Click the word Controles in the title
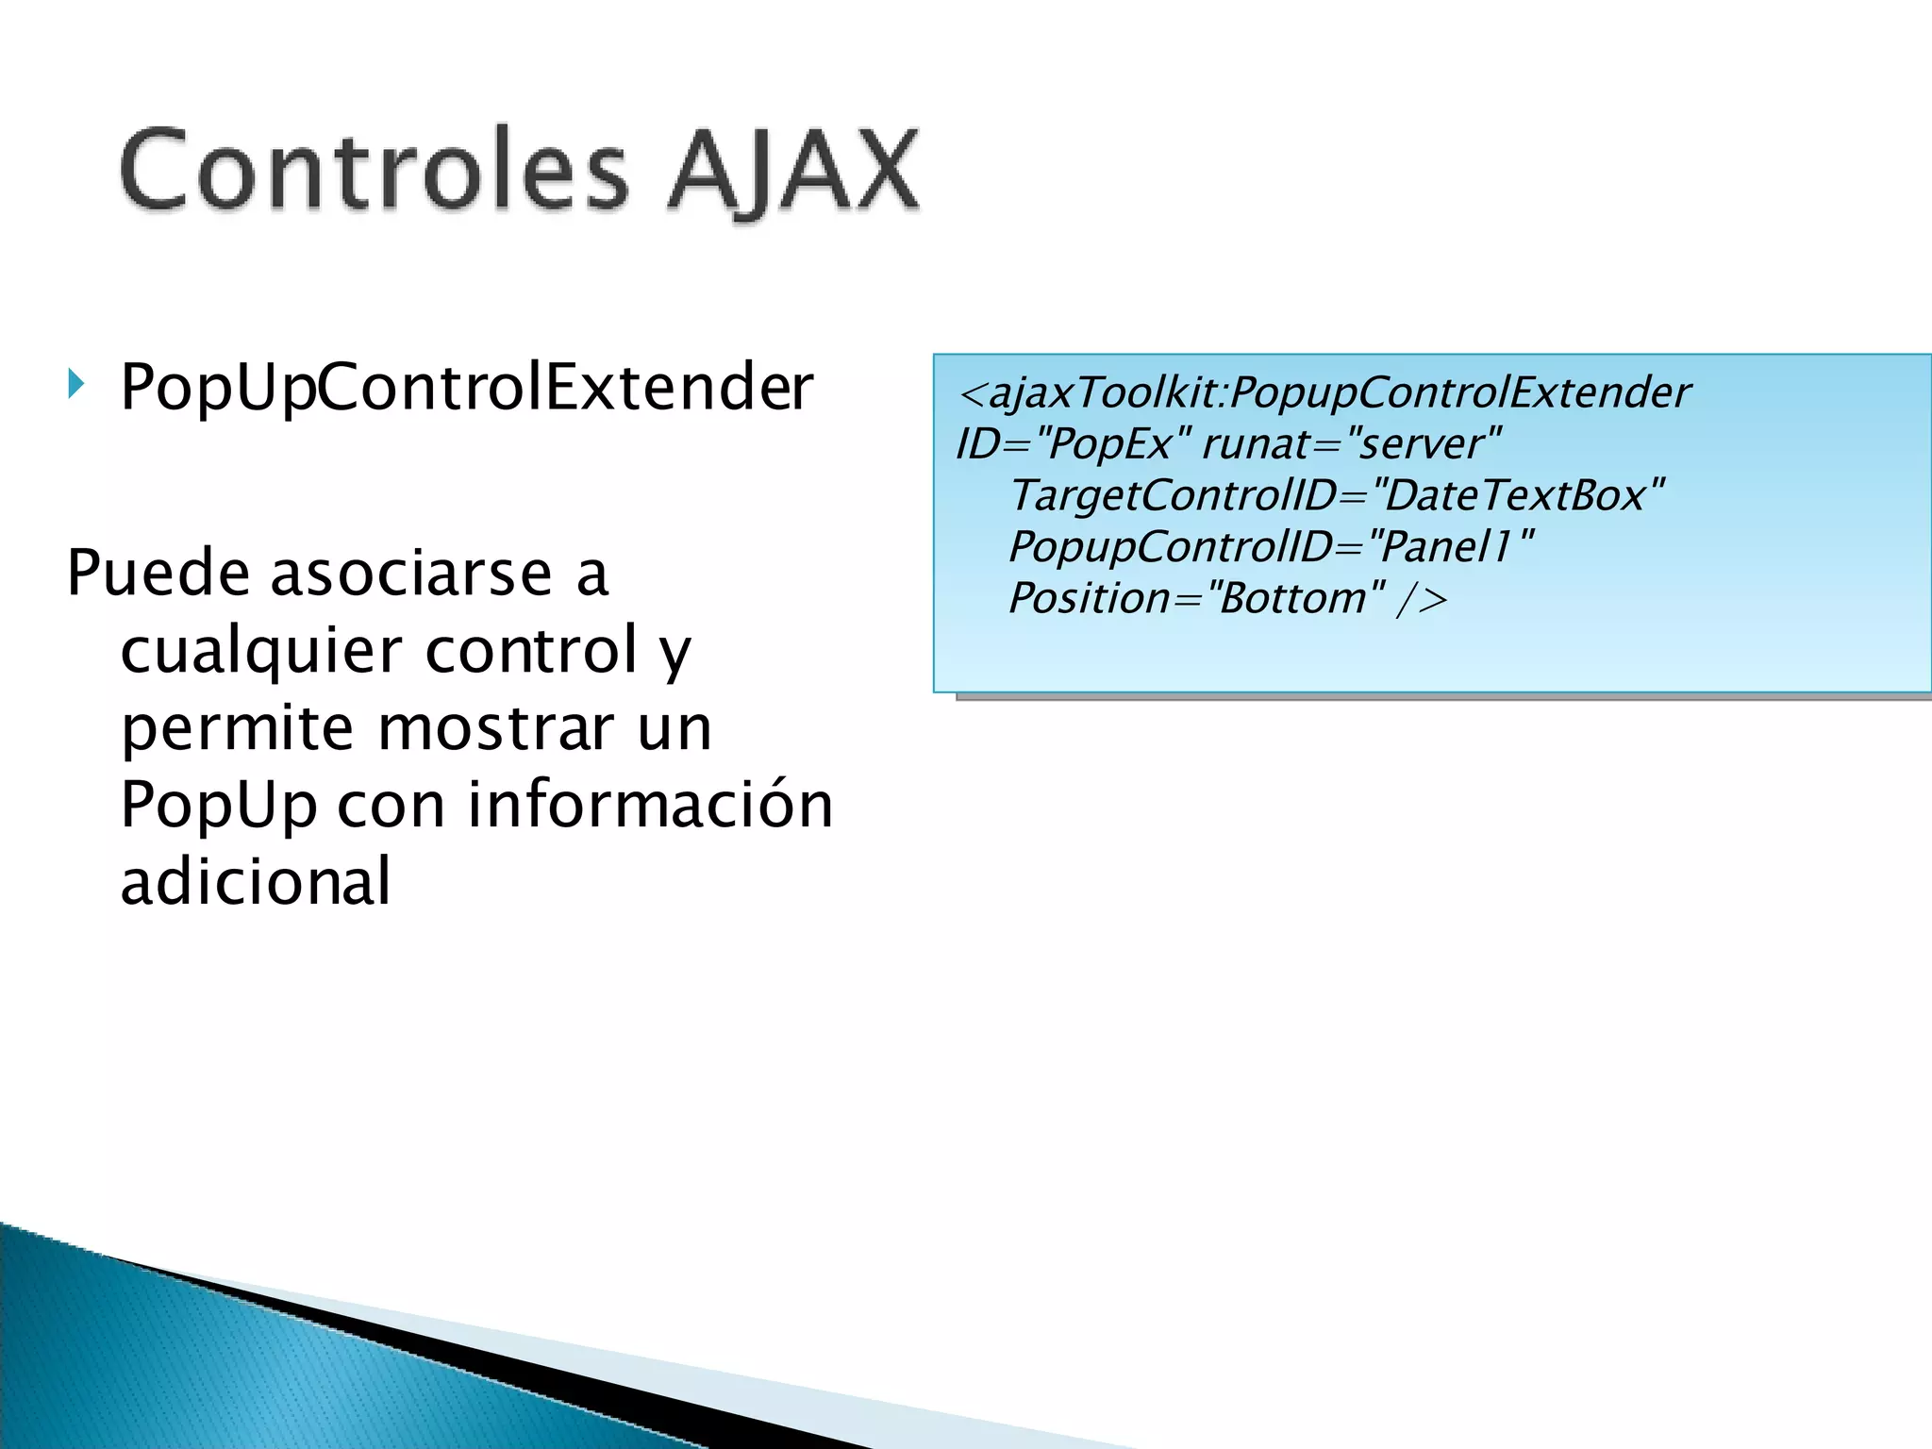point(374,171)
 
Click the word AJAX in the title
point(792,171)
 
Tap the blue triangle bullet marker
point(76,384)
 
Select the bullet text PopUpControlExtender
point(466,388)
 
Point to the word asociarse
point(411,573)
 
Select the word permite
point(238,728)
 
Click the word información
point(650,805)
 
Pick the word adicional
point(256,881)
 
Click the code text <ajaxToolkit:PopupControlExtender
point(1324,392)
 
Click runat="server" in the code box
point(1351,443)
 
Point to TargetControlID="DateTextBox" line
point(1336,495)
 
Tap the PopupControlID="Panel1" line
point(1270,546)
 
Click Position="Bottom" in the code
point(1196,598)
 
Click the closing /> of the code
point(1422,598)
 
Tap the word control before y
point(532,650)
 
